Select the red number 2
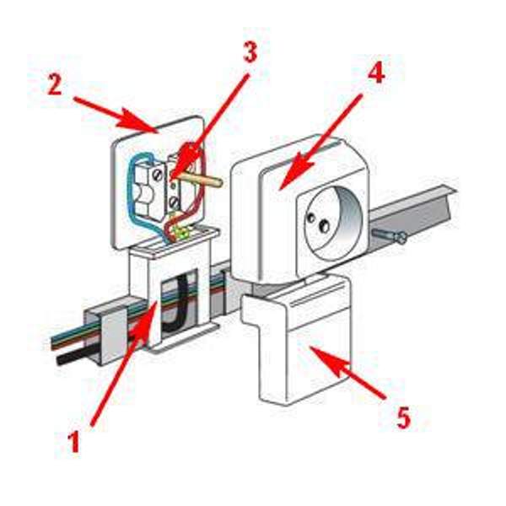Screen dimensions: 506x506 click(55, 84)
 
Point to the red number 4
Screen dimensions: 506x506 click(376, 73)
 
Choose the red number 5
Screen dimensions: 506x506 click(403, 417)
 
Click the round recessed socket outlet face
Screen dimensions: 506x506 click(332, 223)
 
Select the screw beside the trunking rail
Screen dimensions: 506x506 click(390, 235)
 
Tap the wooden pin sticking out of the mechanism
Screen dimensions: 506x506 click(202, 180)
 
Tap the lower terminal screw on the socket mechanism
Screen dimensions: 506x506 click(175, 202)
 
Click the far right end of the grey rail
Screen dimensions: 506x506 click(455, 191)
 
